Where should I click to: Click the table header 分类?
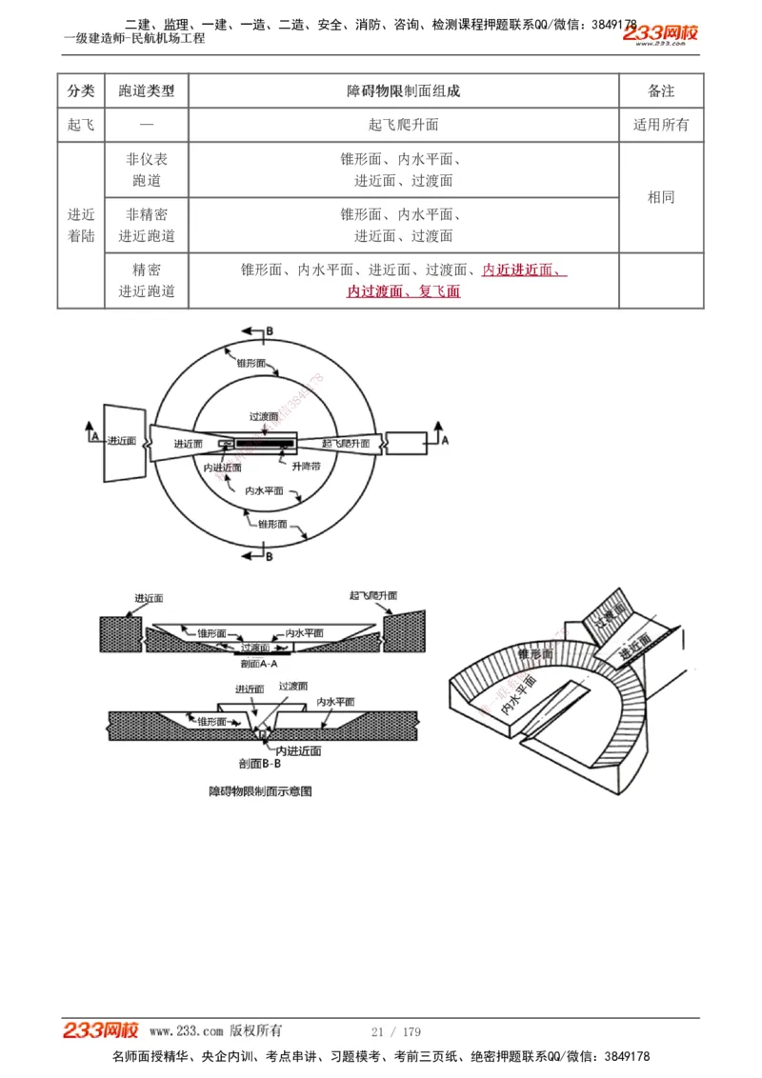point(81,90)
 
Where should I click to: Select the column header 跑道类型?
point(147,90)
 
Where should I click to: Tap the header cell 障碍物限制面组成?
point(403,90)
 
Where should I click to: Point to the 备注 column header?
point(661,90)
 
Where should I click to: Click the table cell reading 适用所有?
point(661,125)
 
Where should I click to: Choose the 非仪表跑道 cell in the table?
point(147,170)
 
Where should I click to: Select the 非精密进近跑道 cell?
point(147,226)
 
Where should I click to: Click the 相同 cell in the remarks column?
point(661,197)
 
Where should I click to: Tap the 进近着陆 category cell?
point(81,226)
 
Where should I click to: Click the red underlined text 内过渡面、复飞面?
point(403,291)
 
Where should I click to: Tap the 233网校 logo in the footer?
point(101,1030)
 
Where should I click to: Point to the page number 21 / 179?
point(395,1031)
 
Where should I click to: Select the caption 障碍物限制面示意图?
point(260,790)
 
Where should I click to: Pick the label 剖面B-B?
point(259,764)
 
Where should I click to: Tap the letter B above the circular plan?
point(269,330)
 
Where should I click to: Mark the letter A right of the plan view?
point(444,441)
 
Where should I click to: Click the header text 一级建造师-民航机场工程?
point(134,38)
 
